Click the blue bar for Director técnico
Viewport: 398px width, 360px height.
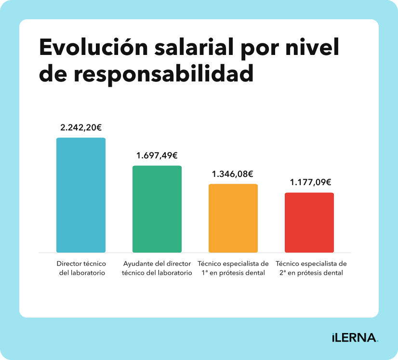(x=81, y=195)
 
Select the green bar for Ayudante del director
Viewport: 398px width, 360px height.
(x=157, y=209)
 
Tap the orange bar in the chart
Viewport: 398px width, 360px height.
(x=233, y=218)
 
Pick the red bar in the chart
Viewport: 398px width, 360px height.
(x=309, y=223)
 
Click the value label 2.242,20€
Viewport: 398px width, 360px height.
(x=81, y=128)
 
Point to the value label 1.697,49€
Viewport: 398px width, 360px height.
(x=157, y=156)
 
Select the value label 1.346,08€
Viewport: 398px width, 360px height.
(x=233, y=174)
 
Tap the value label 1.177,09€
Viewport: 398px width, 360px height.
(x=310, y=182)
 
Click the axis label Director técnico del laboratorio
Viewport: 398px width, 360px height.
(x=81, y=268)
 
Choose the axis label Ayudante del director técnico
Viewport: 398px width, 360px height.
(x=157, y=268)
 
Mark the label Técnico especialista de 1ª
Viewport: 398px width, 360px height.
(x=233, y=268)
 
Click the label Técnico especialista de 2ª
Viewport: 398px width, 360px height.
(x=311, y=268)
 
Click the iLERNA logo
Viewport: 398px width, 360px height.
(x=355, y=337)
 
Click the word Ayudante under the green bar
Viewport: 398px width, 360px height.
(x=138, y=264)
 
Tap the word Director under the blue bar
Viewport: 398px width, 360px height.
(x=68, y=264)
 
